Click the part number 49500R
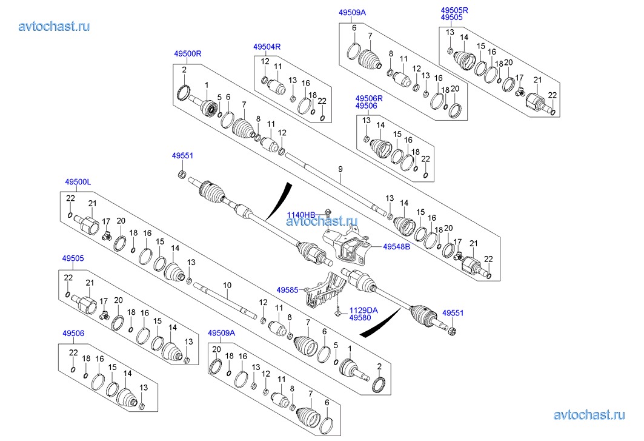[x=188, y=53]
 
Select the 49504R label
[x=267, y=47]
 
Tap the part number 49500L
[x=78, y=181]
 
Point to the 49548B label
[x=396, y=247]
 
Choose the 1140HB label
[x=301, y=215]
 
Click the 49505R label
[x=454, y=10]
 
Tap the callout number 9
[x=340, y=168]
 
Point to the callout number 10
[x=227, y=284]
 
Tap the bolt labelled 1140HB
[x=326, y=213]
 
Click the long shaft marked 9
[x=339, y=188]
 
